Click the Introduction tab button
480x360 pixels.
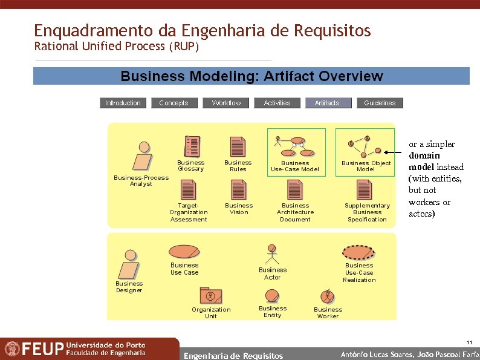point(123,103)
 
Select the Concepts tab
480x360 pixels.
point(174,103)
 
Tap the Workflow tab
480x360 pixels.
point(226,103)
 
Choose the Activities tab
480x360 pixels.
point(277,103)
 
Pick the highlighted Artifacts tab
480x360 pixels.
point(327,103)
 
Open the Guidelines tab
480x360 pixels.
point(380,103)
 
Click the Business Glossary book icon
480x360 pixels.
point(192,147)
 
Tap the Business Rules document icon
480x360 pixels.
point(238,147)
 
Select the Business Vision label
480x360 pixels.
point(239,209)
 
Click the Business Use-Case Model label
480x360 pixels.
point(295,166)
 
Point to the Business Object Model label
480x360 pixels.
point(366,166)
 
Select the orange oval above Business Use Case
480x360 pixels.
point(184,251)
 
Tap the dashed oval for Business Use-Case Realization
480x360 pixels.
point(359,252)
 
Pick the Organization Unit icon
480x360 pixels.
point(211,296)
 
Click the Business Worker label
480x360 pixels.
point(328,313)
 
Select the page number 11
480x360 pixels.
point(470,342)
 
